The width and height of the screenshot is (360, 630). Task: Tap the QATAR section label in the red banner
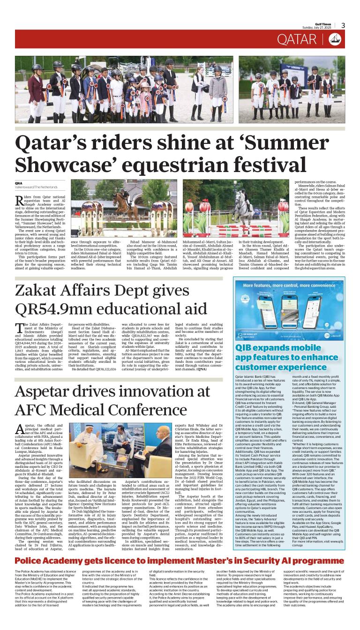click(x=297, y=39)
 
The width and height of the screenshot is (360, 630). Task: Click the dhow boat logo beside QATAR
click(x=334, y=39)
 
